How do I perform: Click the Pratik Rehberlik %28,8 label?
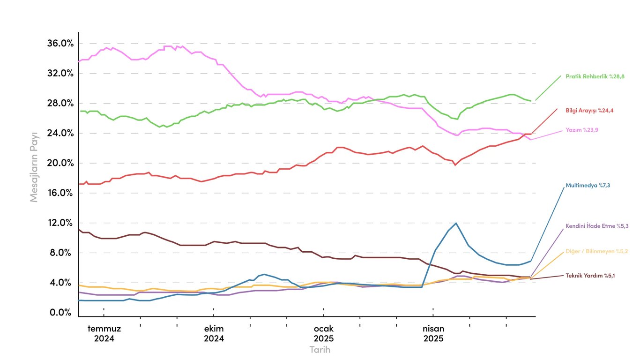pos(595,76)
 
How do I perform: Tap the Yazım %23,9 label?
pos(583,130)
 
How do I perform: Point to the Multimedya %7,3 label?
pos(588,186)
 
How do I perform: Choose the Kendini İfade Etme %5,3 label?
pos(597,226)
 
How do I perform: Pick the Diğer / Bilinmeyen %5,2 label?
pos(597,251)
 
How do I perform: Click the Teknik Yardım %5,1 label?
pos(590,276)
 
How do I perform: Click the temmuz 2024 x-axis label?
pos(104,333)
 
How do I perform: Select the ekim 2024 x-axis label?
pos(214,333)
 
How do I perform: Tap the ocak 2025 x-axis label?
pos(323,333)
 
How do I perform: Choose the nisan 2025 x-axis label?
pos(433,333)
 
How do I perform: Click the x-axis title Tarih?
pos(320,350)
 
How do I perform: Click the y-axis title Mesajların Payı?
pos(34,167)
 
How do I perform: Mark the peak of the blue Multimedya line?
pos(455,223)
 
